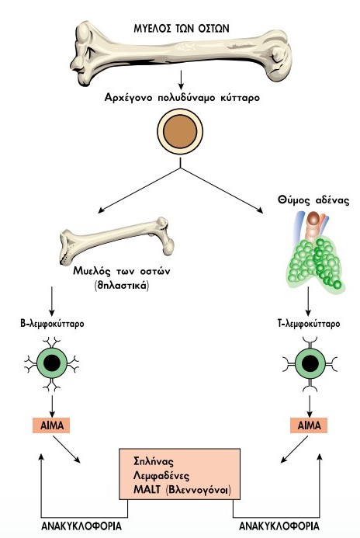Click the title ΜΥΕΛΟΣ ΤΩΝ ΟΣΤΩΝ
(x=181, y=28)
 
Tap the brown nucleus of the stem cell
(x=180, y=132)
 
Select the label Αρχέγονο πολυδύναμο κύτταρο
(x=182, y=98)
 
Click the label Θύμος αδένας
(x=313, y=200)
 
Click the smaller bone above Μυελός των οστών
(x=116, y=241)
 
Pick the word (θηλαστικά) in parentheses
(x=122, y=286)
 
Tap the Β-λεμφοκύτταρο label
(x=52, y=324)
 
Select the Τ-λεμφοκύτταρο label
(x=309, y=324)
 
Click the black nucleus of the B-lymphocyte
(x=52, y=363)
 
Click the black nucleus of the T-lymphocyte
(x=310, y=363)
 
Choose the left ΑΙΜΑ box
(x=51, y=425)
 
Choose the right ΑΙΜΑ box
(x=309, y=425)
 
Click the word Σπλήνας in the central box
(x=154, y=461)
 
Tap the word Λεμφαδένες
(x=161, y=476)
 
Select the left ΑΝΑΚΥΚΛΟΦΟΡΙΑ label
(x=81, y=526)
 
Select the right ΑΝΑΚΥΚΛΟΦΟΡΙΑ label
(x=279, y=526)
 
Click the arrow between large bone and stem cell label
(x=181, y=80)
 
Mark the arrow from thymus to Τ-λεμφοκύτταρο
(x=308, y=301)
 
